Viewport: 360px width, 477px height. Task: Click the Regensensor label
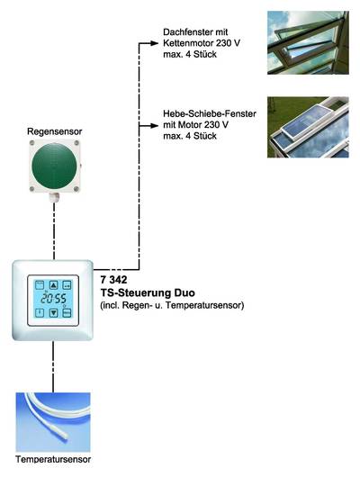(55, 131)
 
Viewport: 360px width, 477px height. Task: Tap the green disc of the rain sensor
(54, 166)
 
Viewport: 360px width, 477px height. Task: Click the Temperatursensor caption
(53, 459)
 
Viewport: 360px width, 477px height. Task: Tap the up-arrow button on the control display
(54, 285)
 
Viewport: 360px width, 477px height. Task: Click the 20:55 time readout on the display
(54, 299)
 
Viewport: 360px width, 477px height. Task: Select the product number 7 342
(113, 279)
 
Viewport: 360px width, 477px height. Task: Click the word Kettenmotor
(188, 43)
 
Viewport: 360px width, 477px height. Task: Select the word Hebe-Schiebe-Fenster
(210, 113)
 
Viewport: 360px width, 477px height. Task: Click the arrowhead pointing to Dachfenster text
(154, 43)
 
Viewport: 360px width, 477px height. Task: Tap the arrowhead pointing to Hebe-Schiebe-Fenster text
(154, 125)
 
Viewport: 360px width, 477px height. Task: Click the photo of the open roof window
(308, 42)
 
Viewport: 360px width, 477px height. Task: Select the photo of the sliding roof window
(308, 127)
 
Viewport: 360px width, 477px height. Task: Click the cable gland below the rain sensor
(54, 197)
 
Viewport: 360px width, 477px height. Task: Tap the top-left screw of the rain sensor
(31, 143)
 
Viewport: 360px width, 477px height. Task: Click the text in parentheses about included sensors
(172, 305)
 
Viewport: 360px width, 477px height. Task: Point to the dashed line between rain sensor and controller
(54, 230)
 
